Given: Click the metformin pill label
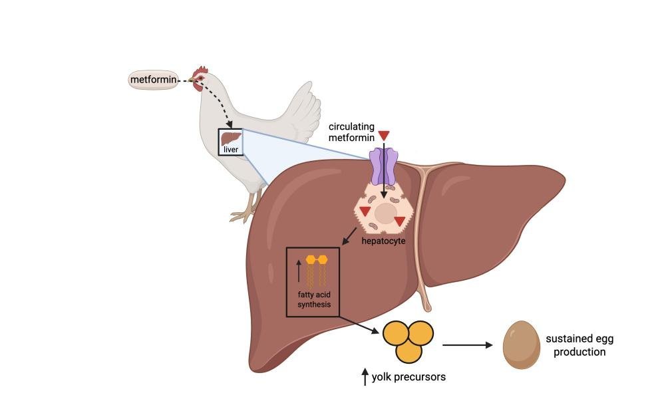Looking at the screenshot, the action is [153, 80].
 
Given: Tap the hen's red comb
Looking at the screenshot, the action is [201, 70].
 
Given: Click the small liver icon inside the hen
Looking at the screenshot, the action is [231, 138].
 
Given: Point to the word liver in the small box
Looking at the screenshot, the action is [231, 150].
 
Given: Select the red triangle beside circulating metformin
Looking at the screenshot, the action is [384, 136].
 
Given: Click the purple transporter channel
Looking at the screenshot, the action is [384, 166].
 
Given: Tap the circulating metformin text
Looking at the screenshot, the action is [351, 132].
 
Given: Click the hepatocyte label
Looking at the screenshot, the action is [383, 241].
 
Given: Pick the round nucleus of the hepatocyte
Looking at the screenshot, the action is [386, 214].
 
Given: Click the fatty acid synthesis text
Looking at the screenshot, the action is [314, 299].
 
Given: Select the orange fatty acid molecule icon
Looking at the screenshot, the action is [317, 271].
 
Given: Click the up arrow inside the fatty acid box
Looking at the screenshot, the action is [299, 271].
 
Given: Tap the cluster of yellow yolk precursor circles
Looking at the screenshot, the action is [409, 341].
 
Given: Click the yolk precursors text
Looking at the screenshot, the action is [409, 377].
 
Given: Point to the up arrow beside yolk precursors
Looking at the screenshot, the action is [365, 377].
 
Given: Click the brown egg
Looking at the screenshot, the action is [522, 344].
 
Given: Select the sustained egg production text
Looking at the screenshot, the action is [580, 345].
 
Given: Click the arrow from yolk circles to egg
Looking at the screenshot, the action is [468, 345].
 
